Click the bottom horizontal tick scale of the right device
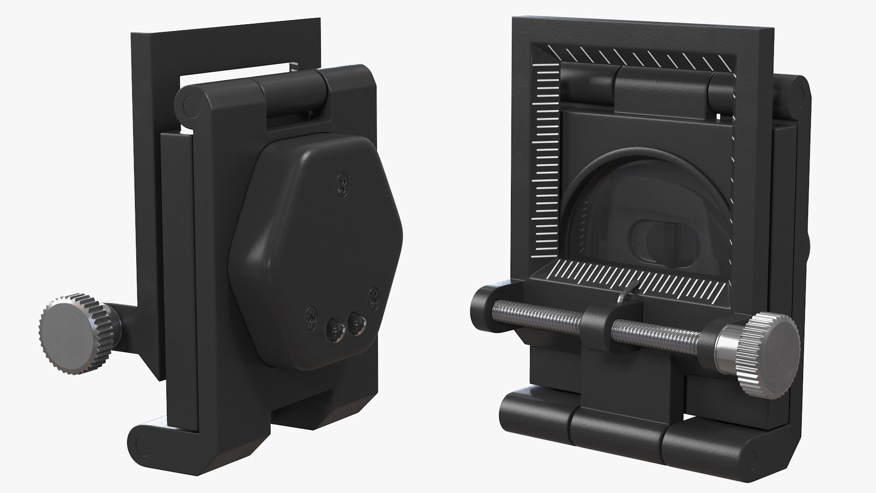click(x=639, y=277)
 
